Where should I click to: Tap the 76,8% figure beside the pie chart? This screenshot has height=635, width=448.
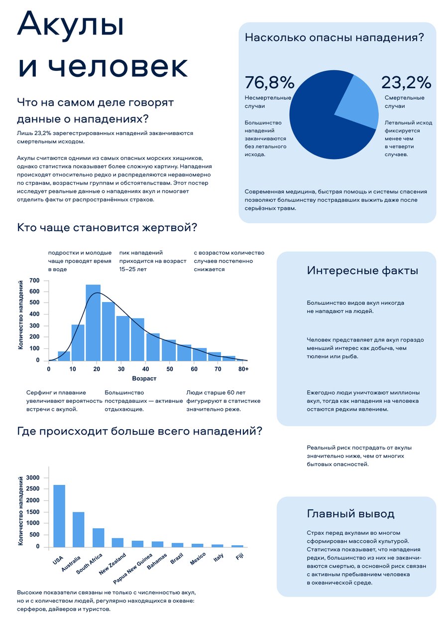[x=269, y=83]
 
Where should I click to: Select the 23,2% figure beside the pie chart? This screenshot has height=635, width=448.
[x=406, y=83]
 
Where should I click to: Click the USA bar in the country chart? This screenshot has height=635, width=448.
[x=59, y=516]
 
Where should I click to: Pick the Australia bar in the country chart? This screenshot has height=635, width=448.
[x=79, y=529]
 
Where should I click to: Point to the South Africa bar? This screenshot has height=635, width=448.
[x=98, y=538]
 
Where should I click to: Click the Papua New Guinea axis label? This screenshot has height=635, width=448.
[x=132, y=568]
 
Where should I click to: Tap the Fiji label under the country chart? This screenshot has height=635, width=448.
[x=239, y=556]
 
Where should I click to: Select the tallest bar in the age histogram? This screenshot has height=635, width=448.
[x=93, y=322]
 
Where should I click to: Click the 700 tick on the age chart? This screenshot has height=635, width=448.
[x=34, y=281]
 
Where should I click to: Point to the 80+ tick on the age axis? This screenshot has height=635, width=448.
[x=243, y=369]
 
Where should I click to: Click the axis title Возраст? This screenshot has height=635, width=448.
[x=144, y=378]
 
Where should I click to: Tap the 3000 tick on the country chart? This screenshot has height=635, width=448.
[x=33, y=477]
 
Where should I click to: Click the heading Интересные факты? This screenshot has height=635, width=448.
[x=362, y=271]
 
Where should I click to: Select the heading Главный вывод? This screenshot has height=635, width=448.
[x=350, y=514]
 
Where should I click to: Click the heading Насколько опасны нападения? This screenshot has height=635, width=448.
[x=334, y=37]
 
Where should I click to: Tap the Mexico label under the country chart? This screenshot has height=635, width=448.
[x=198, y=559]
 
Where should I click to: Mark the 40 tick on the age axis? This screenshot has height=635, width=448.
[x=145, y=369]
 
